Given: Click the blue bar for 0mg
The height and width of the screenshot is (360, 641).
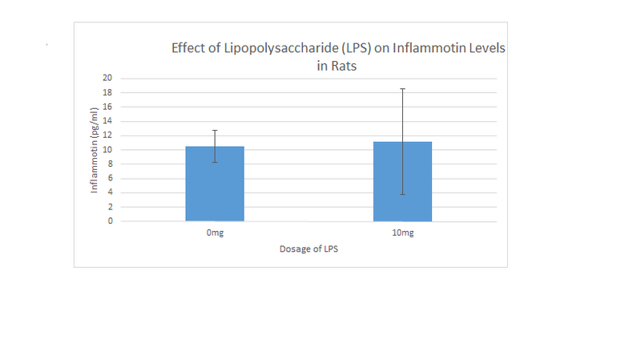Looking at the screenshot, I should coord(215,184).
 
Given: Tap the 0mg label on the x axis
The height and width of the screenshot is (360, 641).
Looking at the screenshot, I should coord(215,233).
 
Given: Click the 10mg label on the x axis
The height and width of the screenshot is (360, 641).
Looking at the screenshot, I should coord(402,233).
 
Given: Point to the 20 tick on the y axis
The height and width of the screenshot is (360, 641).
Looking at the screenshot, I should coord(107,79).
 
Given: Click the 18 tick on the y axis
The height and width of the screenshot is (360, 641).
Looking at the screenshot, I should coord(107,93).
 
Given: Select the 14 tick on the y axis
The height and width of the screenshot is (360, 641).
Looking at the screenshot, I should coord(107,121).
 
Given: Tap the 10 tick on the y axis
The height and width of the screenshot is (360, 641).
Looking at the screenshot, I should coord(107,150).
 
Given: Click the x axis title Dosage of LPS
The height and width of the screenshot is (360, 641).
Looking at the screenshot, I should coord(308,249).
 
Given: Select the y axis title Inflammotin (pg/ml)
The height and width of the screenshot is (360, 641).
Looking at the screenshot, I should coord(95,152).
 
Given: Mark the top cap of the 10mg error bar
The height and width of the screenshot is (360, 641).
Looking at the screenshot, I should coord(402,88).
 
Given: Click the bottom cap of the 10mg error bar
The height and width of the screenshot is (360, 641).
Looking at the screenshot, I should coord(402,194).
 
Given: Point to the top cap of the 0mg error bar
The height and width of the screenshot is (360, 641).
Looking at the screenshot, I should coord(215,130).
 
